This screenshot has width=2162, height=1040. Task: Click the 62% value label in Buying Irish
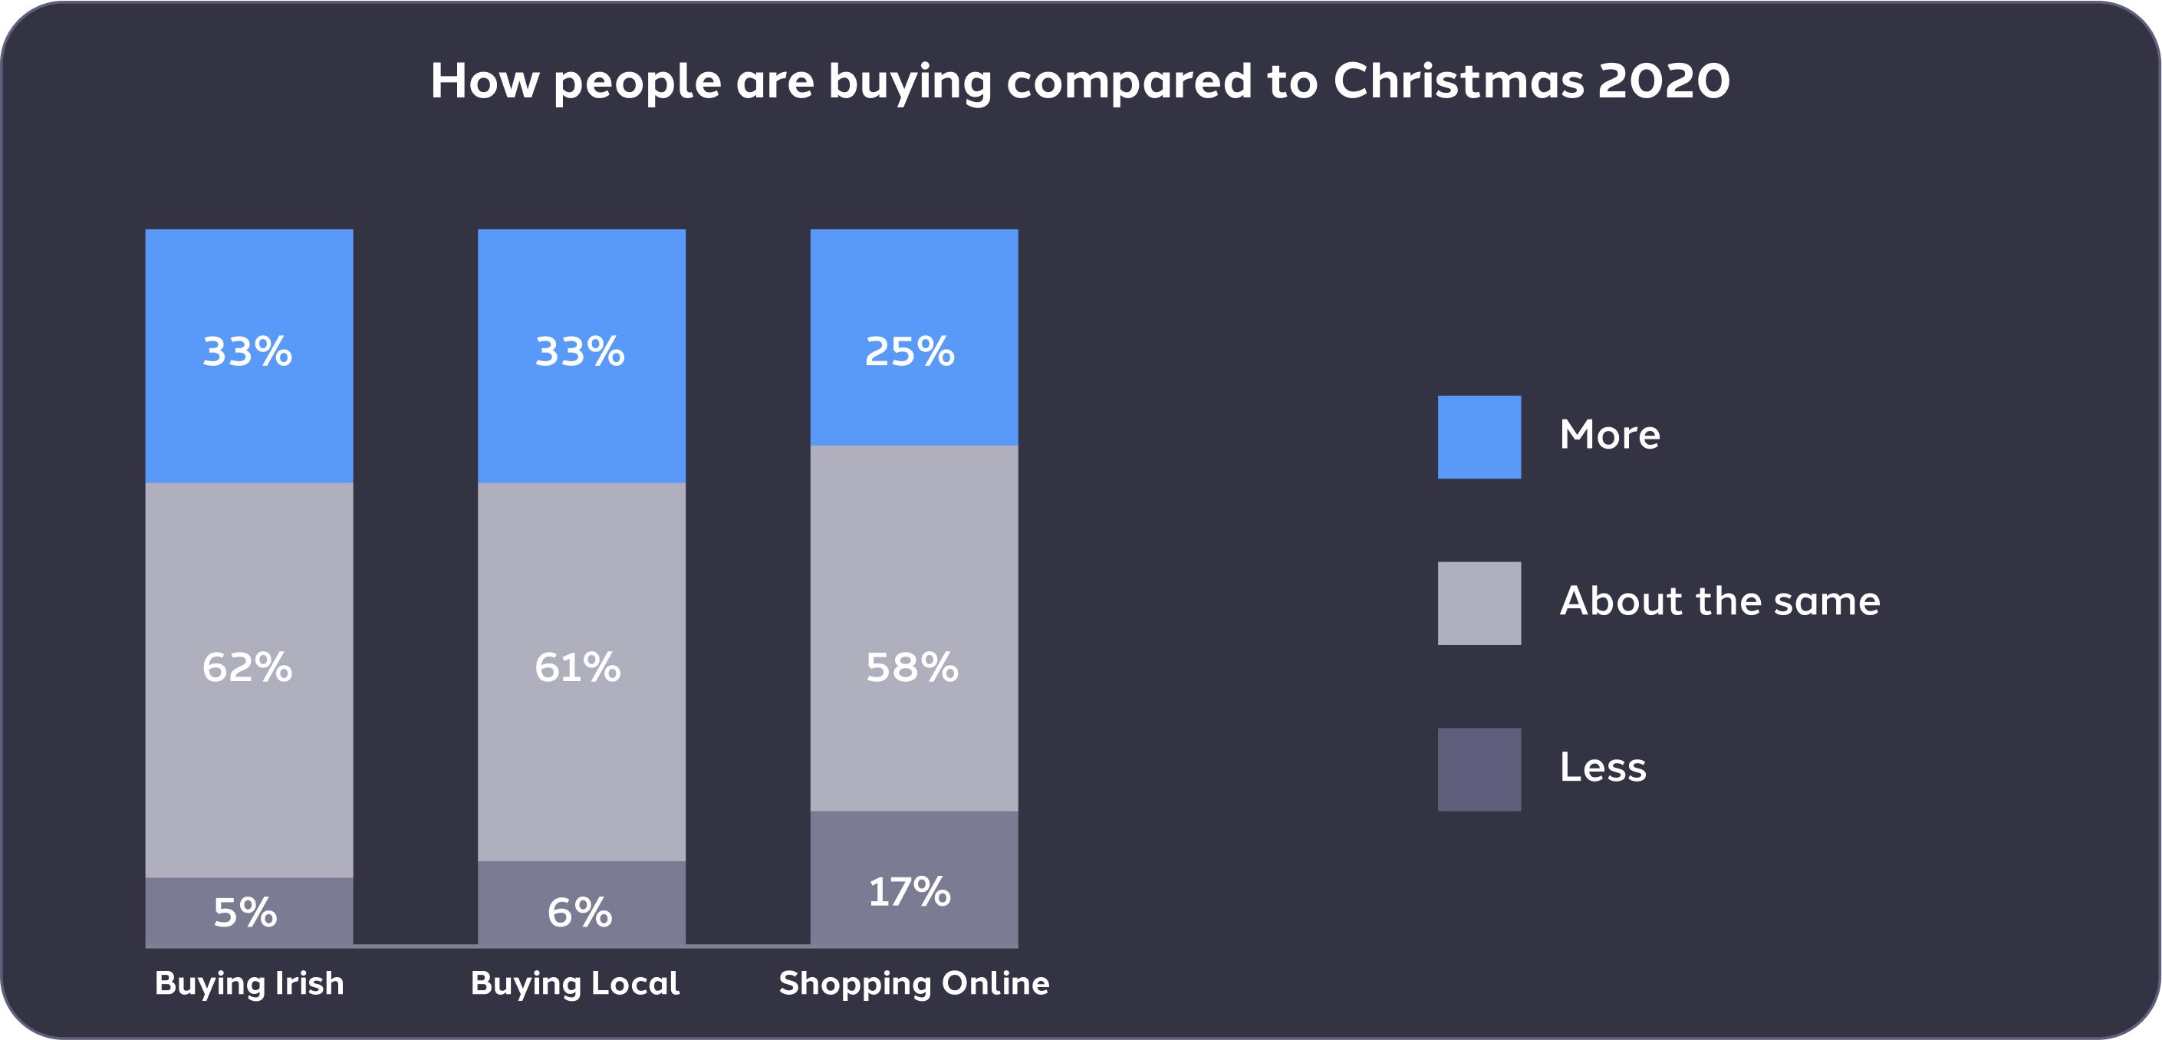248,668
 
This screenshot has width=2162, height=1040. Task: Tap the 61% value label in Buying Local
578,668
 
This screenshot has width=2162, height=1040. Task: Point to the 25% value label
910,352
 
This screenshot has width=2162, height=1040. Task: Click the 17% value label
910,891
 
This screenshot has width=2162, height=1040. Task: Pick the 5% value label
245,913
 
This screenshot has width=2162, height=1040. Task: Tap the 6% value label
580,913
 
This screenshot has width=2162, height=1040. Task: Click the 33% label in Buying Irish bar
248,352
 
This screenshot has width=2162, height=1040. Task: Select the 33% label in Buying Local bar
580,352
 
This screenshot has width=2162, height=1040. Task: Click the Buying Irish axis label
249,983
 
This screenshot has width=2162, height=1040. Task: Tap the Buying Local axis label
575,983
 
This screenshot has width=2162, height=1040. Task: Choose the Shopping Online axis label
914,983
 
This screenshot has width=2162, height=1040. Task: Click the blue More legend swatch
1479,437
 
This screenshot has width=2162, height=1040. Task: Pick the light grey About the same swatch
1479,604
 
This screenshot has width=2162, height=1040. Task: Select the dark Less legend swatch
1479,770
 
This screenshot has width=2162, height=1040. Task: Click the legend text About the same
1719,601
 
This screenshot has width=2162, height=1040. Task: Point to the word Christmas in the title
1459,81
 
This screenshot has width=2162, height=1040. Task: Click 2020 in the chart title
1663,81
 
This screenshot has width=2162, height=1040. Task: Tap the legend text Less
1603,767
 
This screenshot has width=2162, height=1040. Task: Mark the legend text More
1610,435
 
